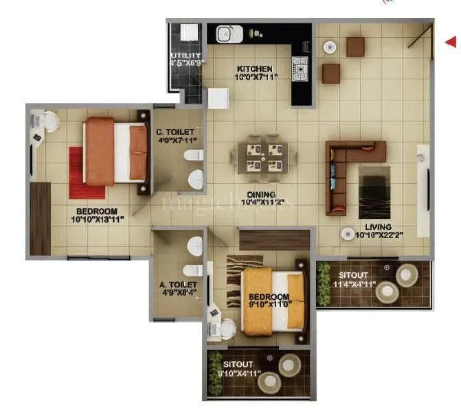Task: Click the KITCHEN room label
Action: (x=256, y=69)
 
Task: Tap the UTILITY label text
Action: (x=185, y=56)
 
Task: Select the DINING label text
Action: (x=261, y=194)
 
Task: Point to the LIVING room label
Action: (x=379, y=226)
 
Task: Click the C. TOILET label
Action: (x=177, y=132)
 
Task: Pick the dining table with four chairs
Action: (x=262, y=155)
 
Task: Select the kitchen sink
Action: (x=225, y=32)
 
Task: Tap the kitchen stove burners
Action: (x=301, y=68)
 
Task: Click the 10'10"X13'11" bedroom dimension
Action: (x=97, y=220)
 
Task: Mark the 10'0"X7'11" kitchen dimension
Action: (x=256, y=78)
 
